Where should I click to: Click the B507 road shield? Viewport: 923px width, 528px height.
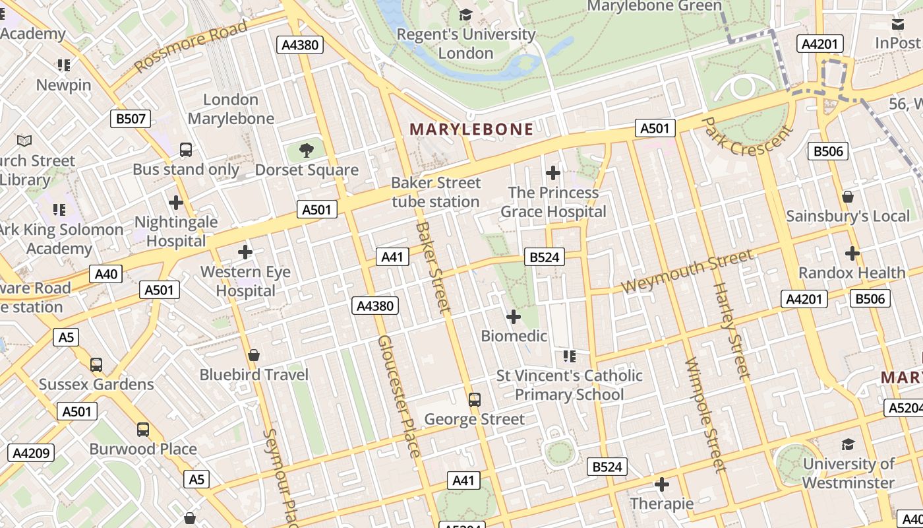click(x=130, y=119)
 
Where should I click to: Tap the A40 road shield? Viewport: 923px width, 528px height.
click(x=106, y=274)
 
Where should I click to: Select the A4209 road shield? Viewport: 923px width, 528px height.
click(x=31, y=453)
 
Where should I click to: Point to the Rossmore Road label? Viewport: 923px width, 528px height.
click(x=191, y=46)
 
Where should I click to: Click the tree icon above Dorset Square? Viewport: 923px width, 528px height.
click(x=306, y=150)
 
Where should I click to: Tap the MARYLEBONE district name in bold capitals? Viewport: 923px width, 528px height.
click(x=471, y=129)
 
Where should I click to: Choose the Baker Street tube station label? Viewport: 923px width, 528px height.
click(x=436, y=192)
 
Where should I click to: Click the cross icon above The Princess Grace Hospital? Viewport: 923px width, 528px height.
click(x=553, y=174)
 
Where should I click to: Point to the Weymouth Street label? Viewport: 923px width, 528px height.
click(x=687, y=271)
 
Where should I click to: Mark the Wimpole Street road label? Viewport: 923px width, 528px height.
click(x=705, y=415)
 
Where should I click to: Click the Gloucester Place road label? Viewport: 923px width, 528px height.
click(x=399, y=396)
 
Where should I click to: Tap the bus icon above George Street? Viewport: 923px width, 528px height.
click(x=474, y=399)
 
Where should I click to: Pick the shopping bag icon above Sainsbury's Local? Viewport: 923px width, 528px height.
click(x=847, y=197)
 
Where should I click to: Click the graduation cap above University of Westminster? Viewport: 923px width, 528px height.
click(x=848, y=444)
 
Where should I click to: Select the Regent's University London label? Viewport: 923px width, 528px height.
click(x=466, y=44)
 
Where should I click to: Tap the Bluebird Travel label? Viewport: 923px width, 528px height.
click(x=254, y=375)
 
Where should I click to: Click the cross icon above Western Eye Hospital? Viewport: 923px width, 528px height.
click(x=245, y=252)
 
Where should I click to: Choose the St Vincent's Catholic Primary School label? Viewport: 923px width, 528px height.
click(x=569, y=385)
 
